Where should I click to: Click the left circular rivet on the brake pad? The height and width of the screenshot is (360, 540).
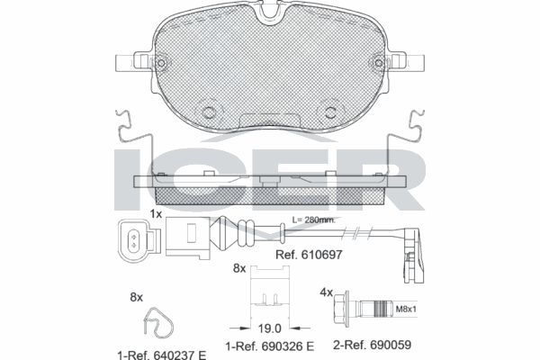click(x=211, y=112)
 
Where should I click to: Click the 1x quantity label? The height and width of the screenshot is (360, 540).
click(x=155, y=214)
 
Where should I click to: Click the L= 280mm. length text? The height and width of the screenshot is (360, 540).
click(x=314, y=220)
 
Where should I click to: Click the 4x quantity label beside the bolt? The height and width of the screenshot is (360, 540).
click(x=327, y=292)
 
